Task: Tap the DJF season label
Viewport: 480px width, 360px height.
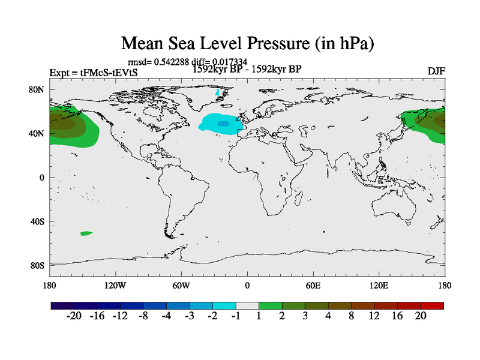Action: coord(436,71)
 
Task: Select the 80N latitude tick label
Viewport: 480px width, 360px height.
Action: coord(37,89)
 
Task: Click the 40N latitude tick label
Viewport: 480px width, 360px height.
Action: coord(37,133)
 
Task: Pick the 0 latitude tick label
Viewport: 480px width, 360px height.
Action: coord(42,178)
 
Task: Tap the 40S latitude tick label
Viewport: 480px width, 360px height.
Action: coord(37,221)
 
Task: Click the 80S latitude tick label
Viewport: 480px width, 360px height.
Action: coord(37,265)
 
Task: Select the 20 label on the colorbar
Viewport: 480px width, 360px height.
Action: coord(421,316)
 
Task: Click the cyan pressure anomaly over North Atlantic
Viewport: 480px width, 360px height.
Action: coord(220,123)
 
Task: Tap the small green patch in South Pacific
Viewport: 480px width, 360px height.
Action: coord(86,233)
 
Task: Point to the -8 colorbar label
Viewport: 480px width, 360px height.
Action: coord(143,316)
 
